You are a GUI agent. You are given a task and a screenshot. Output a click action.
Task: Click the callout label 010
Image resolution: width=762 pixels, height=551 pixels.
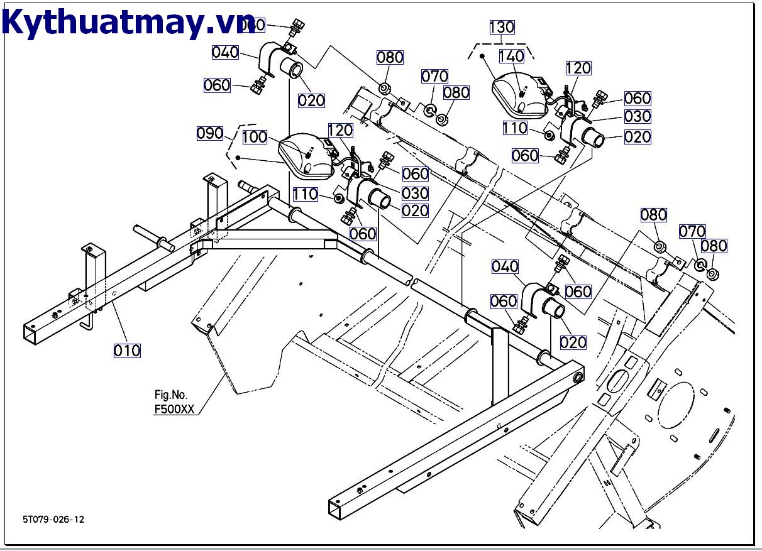[x=127, y=350]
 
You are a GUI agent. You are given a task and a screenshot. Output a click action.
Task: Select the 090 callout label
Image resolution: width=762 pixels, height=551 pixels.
[x=210, y=133]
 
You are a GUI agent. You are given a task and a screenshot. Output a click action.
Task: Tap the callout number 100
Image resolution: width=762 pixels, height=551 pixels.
[x=255, y=137]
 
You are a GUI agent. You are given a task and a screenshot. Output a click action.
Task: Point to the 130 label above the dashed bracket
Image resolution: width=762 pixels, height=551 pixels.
[x=502, y=27]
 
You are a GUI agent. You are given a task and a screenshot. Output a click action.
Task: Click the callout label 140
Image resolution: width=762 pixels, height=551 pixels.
[x=511, y=57]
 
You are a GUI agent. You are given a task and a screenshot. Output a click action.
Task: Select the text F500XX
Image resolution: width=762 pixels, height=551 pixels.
[x=175, y=409]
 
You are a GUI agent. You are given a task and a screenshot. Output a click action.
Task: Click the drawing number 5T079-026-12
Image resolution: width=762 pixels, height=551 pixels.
[x=53, y=519]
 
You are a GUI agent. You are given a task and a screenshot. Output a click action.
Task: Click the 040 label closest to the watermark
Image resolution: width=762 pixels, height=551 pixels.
[x=225, y=52]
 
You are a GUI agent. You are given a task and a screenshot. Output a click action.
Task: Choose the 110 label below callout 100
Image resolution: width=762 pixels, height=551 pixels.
[x=305, y=195]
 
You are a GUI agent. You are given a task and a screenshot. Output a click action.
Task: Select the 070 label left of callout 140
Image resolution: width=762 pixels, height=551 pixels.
[x=434, y=77]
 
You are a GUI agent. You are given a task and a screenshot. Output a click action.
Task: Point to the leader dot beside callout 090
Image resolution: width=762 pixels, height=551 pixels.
[x=238, y=157]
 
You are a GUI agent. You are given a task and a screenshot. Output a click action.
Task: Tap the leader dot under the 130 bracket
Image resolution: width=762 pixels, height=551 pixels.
[x=482, y=56]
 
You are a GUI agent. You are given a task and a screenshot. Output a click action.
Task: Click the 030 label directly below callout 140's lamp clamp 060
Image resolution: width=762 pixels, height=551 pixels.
[x=638, y=116]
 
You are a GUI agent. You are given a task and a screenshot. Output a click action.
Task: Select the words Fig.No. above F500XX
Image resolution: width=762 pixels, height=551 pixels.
[x=171, y=395]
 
